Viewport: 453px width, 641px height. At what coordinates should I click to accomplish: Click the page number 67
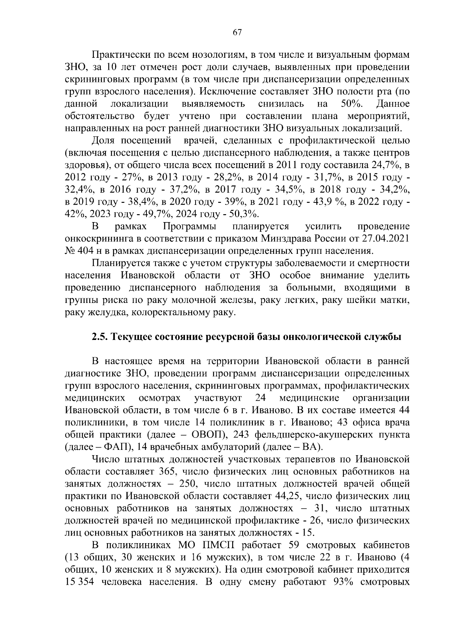[x=237, y=32]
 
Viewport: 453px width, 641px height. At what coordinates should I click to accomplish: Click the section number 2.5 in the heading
[x=99, y=337]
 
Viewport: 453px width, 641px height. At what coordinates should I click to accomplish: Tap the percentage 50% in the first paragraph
[x=351, y=104]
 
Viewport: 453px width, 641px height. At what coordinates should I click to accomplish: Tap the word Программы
[x=190, y=227]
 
